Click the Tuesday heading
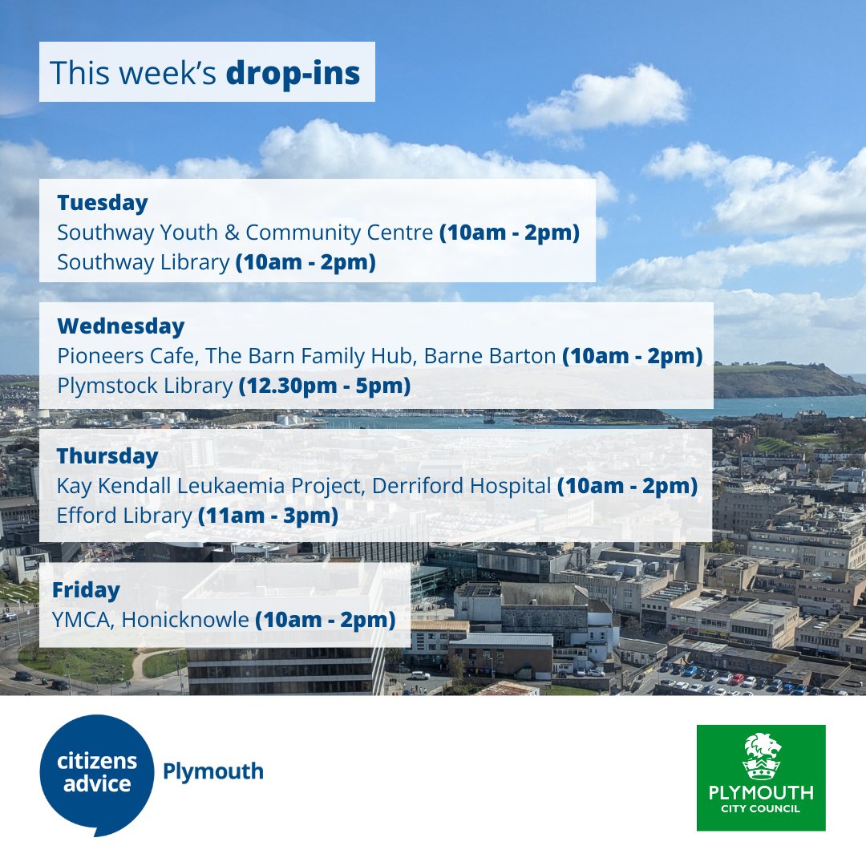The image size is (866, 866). click(x=102, y=203)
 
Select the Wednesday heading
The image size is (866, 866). click(x=120, y=326)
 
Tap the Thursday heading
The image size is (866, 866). click(x=107, y=456)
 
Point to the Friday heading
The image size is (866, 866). click(x=86, y=590)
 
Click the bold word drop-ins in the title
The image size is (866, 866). click(x=293, y=73)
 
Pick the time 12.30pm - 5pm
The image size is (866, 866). click(x=325, y=386)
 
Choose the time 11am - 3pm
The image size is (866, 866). click(x=267, y=515)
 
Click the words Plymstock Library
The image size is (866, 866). click(x=144, y=386)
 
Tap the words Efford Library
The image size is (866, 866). click(x=124, y=515)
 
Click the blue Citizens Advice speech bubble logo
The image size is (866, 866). click(x=96, y=774)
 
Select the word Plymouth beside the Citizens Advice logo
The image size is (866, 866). click(x=212, y=771)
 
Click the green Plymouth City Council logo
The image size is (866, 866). click(x=760, y=778)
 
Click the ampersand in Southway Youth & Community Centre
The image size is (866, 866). click(x=233, y=233)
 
